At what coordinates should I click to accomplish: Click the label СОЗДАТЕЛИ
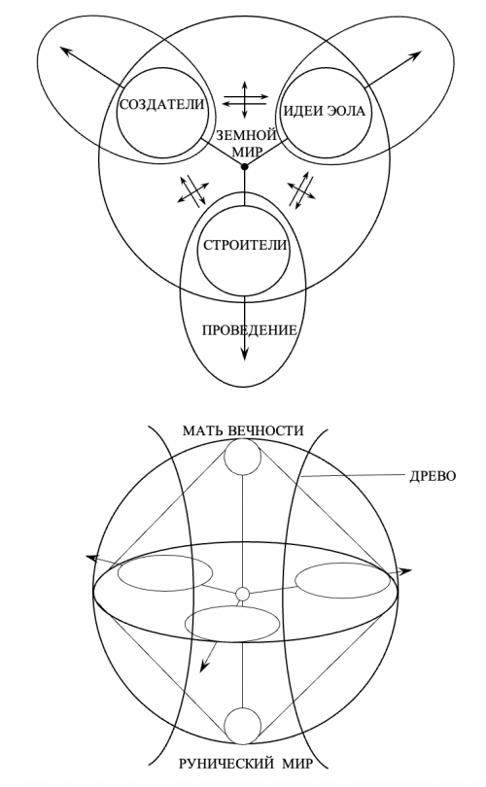[x=161, y=105]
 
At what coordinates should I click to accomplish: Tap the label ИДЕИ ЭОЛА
[x=325, y=111]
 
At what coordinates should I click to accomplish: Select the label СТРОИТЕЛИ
[x=245, y=246]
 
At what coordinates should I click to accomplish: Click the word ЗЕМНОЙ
[x=246, y=135]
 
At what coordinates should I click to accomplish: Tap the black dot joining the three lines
[x=245, y=167]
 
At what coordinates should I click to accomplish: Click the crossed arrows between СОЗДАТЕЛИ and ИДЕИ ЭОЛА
[x=245, y=99]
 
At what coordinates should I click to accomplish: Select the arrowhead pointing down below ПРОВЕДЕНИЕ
[x=245, y=354]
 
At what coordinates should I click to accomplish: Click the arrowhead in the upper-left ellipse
[x=65, y=51]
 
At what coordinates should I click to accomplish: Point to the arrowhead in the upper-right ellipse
[x=416, y=54]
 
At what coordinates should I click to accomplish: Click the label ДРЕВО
[x=433, y=476]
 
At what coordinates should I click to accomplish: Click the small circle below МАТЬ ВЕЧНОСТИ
[x=242, y=458]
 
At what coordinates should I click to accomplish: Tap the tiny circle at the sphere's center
[x=242, y=595]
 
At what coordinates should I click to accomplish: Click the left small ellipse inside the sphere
[x=165, y=572]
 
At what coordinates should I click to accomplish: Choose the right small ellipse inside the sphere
[x=342, y=580]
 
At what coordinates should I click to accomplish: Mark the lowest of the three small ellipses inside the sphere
[x=232, y=624]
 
